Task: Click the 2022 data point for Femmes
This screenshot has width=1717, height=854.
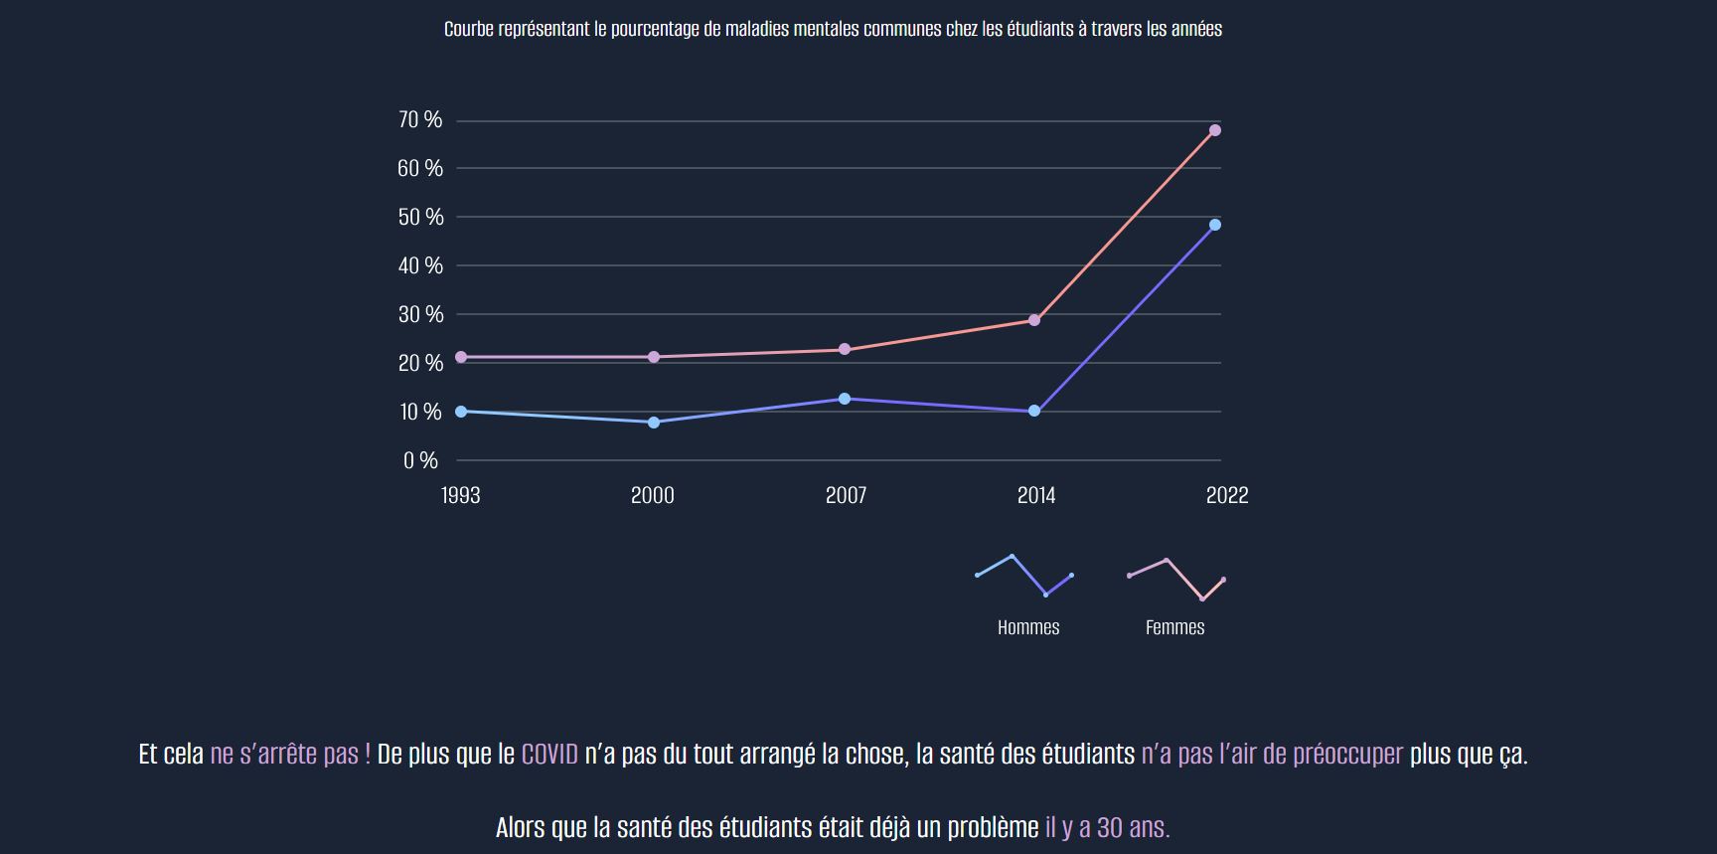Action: (x=1214, y=130)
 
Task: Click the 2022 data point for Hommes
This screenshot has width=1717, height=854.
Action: (x=1214, y=225)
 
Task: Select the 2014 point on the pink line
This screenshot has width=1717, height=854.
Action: (x=1034, y=320)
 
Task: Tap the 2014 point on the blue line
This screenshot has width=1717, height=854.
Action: (x=1034, y=411)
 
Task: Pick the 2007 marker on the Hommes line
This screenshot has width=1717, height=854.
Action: (x=845, y=399)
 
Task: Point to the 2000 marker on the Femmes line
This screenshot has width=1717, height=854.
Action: (x=654, y=357)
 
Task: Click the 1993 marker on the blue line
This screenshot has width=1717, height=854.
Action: (x=461, y=411)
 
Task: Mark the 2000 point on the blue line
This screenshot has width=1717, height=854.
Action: (x=654, y=423)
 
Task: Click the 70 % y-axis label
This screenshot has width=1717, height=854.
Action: (x=419, y=120)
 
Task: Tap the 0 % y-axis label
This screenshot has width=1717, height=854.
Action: (x=420, y=460)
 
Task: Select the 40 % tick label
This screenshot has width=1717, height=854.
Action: (x=420, y=265)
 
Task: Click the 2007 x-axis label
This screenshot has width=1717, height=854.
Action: (x=846, y=495)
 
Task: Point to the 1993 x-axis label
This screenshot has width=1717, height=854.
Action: (x=460, y=495)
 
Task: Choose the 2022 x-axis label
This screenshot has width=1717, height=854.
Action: (x=1227, y=495)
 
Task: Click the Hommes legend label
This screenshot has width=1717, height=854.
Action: (x=1028, y=627)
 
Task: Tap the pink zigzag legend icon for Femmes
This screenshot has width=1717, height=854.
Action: (x=1176, y=579)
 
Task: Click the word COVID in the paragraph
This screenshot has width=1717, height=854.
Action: (x=549, y=755)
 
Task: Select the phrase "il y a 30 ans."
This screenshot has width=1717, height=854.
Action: (x=1107, y=827)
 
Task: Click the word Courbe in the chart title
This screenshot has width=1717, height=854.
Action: (x=468, y=29)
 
